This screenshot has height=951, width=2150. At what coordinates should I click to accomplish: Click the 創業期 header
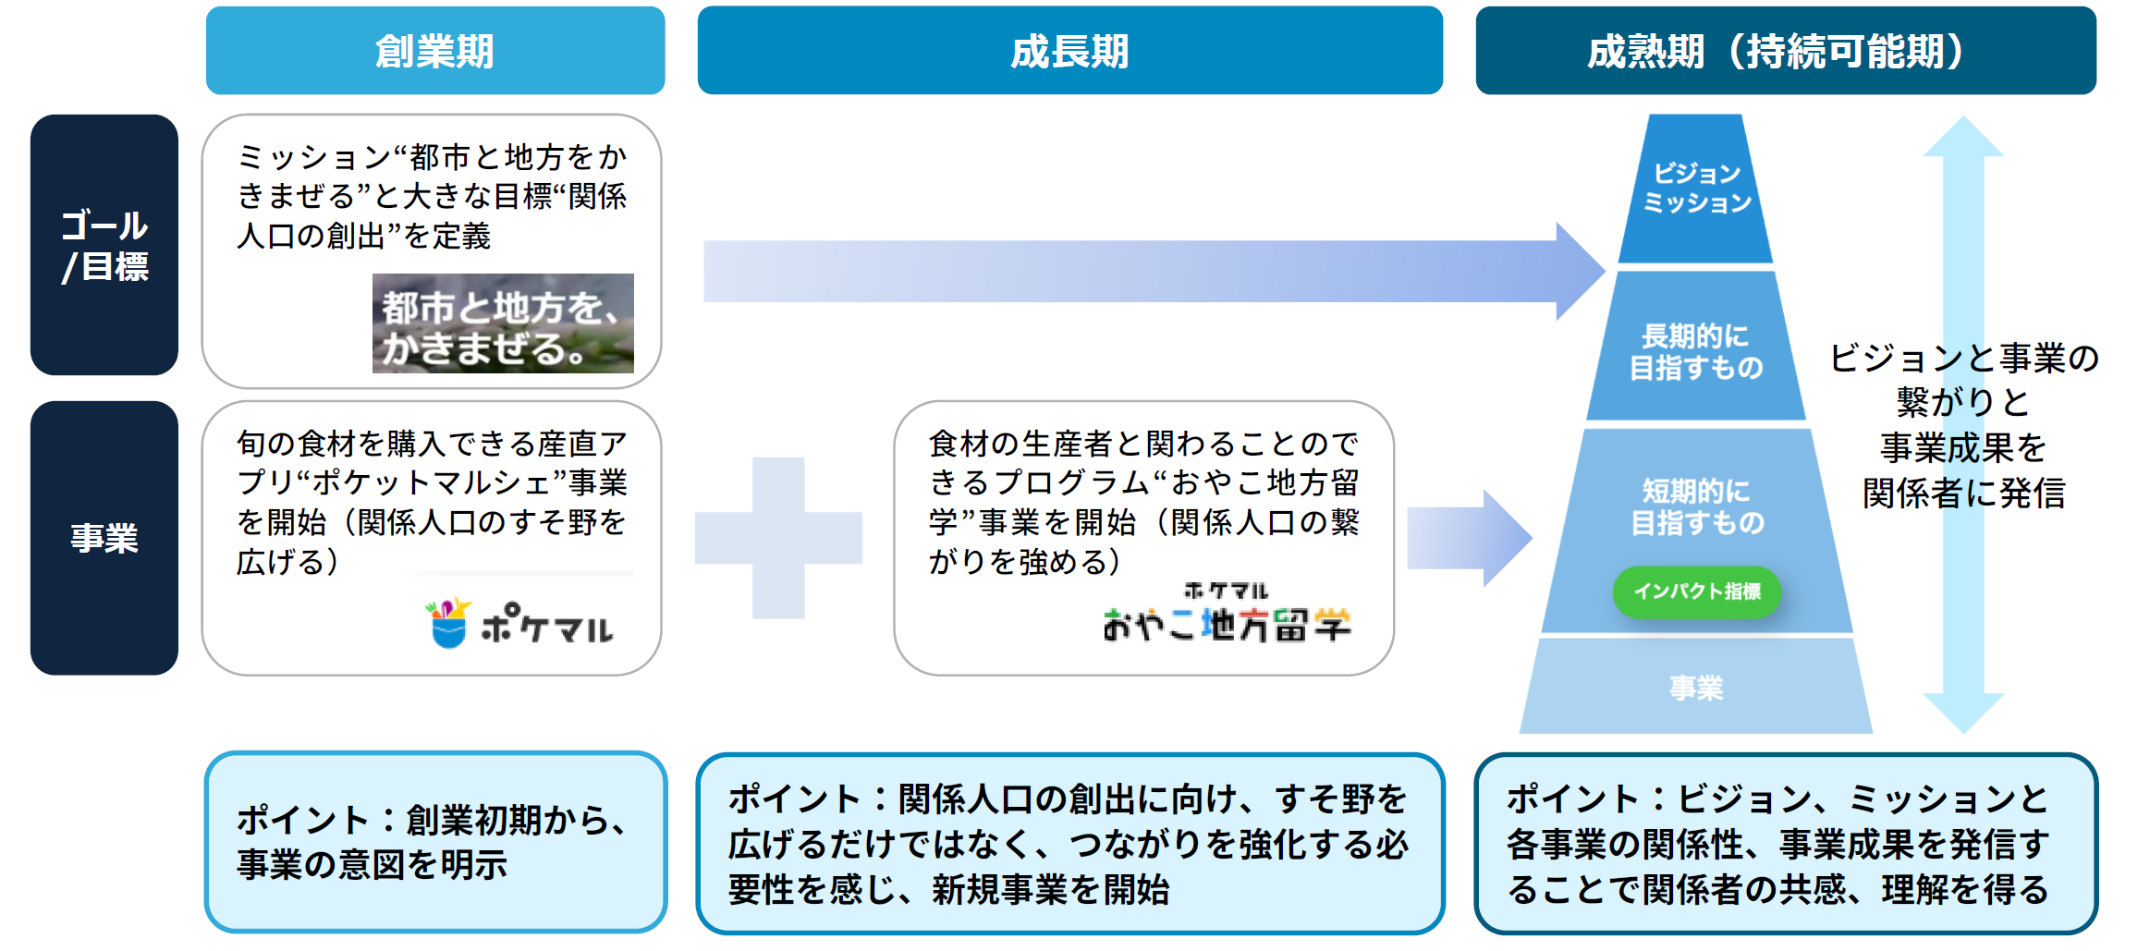[x=434, y=51]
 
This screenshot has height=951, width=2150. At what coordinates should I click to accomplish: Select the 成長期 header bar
[x=1069, y=51]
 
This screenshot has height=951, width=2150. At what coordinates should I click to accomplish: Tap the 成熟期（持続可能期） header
[x=1785, y=51]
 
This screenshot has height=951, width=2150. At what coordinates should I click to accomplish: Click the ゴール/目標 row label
[x=104, y=245]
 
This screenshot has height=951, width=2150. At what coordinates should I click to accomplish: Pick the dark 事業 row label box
[x=104, y=537]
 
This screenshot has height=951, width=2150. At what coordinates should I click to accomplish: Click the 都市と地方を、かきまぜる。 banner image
[x=503, y=323]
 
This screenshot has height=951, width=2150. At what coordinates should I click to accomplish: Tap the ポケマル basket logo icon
[x=449, y=623]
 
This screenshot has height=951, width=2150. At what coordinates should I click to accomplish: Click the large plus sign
[x=778, y=538]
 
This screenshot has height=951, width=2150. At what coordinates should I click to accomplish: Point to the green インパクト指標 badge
[x=1696, y=591]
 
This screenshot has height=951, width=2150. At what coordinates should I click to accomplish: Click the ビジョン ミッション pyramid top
[x=1696, y=189]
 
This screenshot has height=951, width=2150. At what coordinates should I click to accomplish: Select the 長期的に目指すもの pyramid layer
[x=1696, y=351]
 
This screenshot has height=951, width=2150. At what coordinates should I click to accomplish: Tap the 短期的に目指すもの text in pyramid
[x=1696, y=506]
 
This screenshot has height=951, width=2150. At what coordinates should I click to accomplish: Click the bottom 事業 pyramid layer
[x=1696, y=687]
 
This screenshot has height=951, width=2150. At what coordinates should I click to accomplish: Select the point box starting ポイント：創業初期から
[x=435, y=842]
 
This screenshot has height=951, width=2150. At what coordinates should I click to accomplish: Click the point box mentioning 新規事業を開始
[x=1069, y=844]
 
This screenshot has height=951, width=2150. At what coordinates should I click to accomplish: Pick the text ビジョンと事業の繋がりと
[x=1963, y=380]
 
